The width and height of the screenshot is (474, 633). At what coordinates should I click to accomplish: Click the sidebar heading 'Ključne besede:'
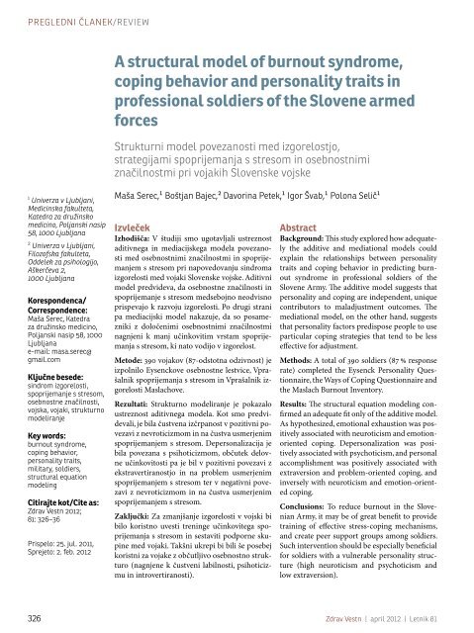[39, 336]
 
